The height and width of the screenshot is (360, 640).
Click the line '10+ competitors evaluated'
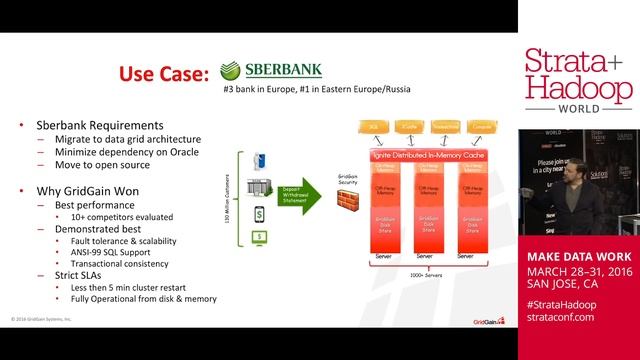[122, 216]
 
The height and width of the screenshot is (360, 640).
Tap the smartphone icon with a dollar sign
[258, 213]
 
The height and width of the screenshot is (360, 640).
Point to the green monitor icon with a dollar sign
[258, 236]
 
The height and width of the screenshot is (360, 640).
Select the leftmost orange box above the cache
[373, 127]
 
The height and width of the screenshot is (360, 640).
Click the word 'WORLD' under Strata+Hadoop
[579, 108]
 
